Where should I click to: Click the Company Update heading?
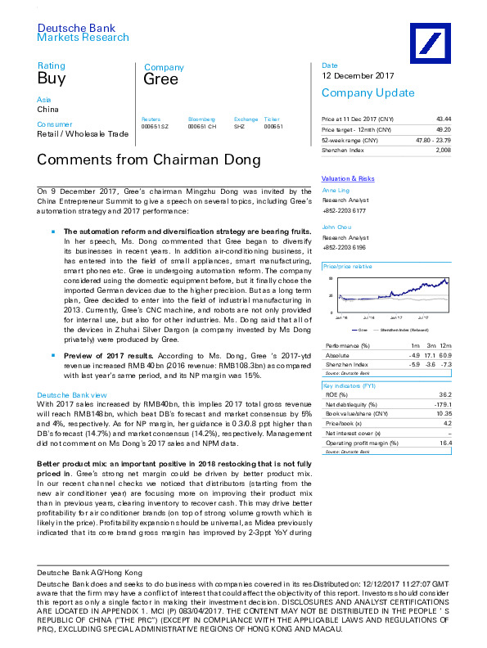click(x=356, y=92)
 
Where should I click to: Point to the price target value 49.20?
click(x=442, y=129)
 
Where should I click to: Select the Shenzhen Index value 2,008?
click(x=443, y=151)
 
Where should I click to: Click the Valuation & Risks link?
click(x=348, y=178)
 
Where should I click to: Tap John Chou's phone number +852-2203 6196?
click(x=349, y=247)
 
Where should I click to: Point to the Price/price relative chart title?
click(x=348, y=267)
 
